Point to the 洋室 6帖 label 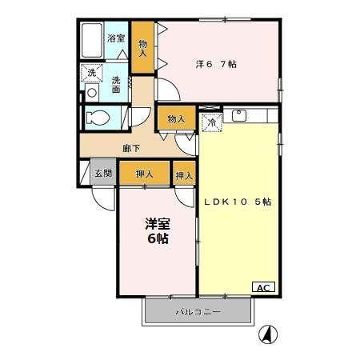(x=157, y=231)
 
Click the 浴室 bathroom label (x=116, y=38)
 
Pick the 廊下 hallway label (x=131, y=147)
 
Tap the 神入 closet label (x=183, y=174)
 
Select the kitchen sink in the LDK (x=239, y=115)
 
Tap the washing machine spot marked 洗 (x=90, y=74)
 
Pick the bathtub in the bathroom (x=91, y=38)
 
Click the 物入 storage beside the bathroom (x=142, y=48)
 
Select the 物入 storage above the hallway (x=176, y=119)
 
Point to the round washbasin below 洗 (x=91, y=92)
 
